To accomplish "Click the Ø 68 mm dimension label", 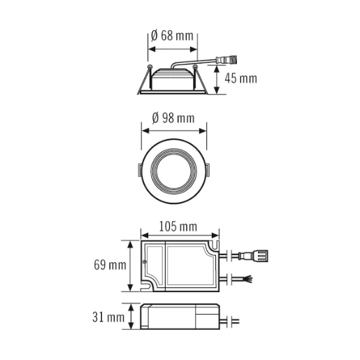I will point(172,36).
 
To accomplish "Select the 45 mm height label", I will point(242,78).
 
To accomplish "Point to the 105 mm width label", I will point(179,226).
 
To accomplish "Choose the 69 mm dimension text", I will point(109,265).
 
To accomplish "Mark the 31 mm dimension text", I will point(110,318).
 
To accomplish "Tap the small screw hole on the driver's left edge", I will point(145,263).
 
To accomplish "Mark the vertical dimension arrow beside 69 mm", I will point(131,266).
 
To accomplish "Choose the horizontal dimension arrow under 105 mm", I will point(180,236).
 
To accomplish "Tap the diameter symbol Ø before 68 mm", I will point(154,36).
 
